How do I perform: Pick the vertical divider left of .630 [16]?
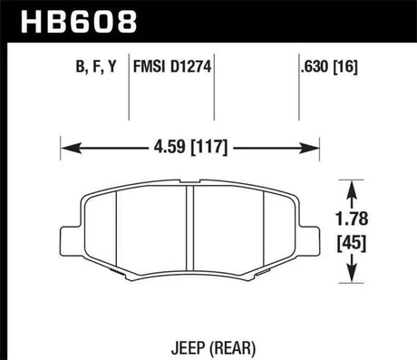(x=299, y=86)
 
